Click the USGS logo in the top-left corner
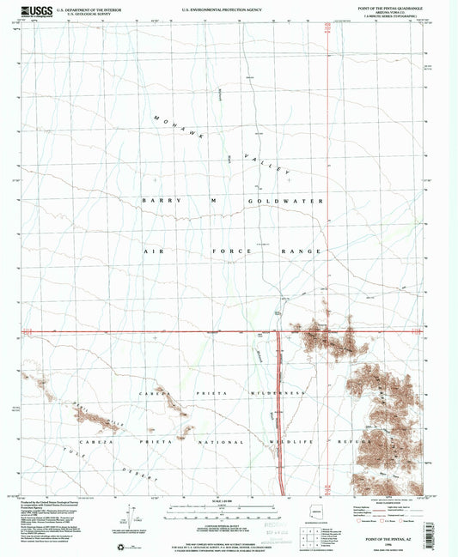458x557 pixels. (x=34, y=11)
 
